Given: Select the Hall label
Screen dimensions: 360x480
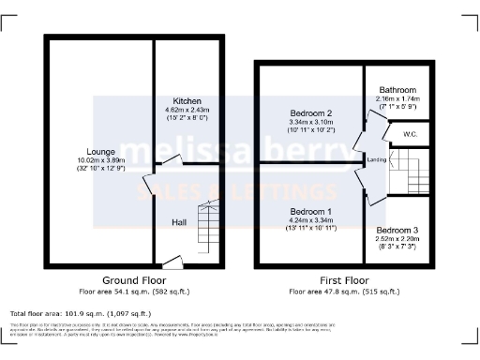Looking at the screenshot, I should click(181, 222).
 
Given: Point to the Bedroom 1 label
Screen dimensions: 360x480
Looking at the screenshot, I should click(309, 211).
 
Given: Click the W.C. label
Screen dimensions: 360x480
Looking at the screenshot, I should click(410, 134).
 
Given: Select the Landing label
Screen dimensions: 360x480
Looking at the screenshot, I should click(379, 158).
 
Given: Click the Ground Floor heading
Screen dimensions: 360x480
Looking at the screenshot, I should click(127, 280).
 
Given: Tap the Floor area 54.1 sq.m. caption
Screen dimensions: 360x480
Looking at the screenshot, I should click(127, 291).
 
